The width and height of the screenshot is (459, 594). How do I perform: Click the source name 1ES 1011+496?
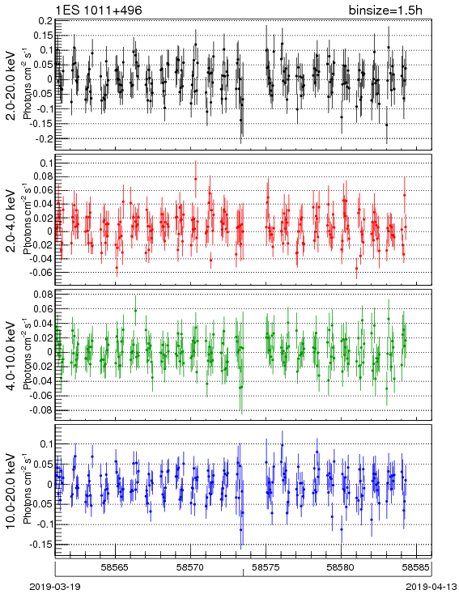pyautogui.click(x=99, y=10)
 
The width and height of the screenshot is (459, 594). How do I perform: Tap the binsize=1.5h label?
pyautogui.click(x=385, y=10)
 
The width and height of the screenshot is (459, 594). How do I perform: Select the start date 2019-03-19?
pyautogui.click(x=55, y=587)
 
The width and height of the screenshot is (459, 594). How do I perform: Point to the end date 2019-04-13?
pyautogui.click(x=431, y=587)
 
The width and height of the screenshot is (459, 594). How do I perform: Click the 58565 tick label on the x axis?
pyautogui.click(x=115, y=567)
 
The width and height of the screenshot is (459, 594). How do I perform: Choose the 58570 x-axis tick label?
pyautogui.click(x=190, y=567)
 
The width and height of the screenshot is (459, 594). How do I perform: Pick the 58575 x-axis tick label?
pyautogui.click(x=266, y=567)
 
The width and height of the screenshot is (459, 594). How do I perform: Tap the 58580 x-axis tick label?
pyautogui.click(x=341, y=567)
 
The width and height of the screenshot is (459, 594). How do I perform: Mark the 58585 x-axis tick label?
pyautogui.click(x=416, y=567)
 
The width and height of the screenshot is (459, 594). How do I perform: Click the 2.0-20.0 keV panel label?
pyautogui.click(x=11, y=85)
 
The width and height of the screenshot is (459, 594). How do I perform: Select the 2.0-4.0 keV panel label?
pyautogui.click(x=11, y=221)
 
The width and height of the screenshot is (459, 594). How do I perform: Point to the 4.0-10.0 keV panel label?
pyautogui.click(x=11, y=356)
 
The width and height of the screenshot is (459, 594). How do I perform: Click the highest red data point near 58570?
pyautogui.click(x=196, y=179)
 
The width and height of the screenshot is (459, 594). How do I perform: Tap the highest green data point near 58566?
pyautogui.click(x=136, y=310)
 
